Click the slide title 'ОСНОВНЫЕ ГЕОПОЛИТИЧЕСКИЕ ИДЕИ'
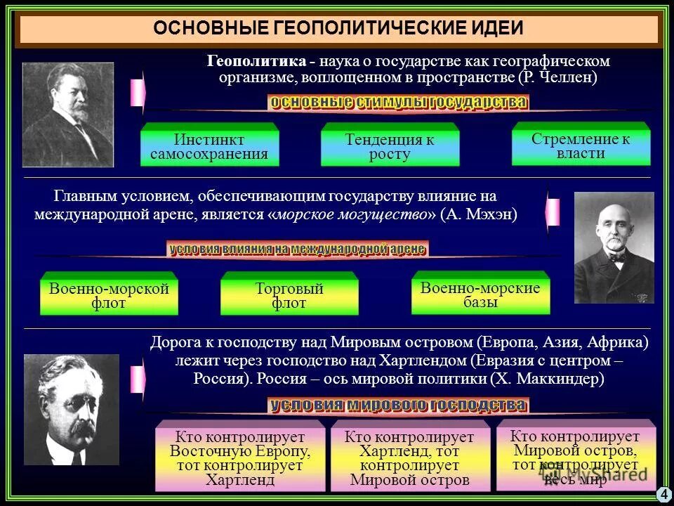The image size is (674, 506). pyautogui.click(x=338, y=29)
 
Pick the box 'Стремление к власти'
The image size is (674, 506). pyautogui.click(x=581, y=145)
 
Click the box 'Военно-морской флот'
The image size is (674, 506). pyautogui.click(x=109, y=295)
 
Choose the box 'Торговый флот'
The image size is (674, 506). pyautogui.click(x=289, y=295)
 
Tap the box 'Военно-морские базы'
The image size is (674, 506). pyautogui.click(x=480, y=294)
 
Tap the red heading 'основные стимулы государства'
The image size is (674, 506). pyautogui.click(x=398, y=103)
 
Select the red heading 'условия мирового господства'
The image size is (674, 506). pyautogui.click(x=398, y=406)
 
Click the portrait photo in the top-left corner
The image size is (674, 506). pyautogui.click(x=67, y=115)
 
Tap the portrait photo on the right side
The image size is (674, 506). pyautogui.click(x=614, y=247)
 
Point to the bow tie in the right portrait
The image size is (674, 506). pyautogui.click(x=616, y=257)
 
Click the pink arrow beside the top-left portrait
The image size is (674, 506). pyautogui.click(x=138, y=92)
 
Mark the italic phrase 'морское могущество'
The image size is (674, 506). pyautogui.click(x=351, y=214)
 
